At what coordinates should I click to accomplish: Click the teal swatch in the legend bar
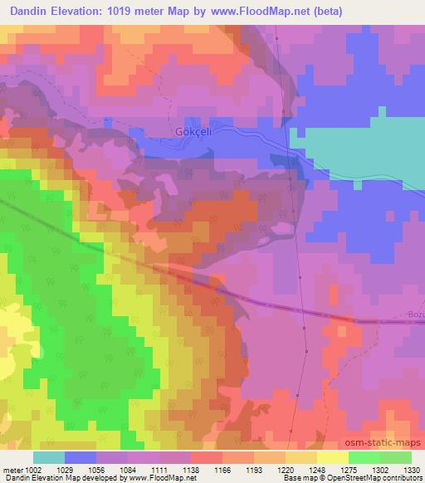tap(49, 457)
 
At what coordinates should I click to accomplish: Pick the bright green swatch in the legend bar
tap(364, 457)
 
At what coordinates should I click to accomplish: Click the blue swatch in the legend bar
tap(81, 457)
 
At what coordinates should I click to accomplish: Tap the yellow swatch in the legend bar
tap(332, 457)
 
